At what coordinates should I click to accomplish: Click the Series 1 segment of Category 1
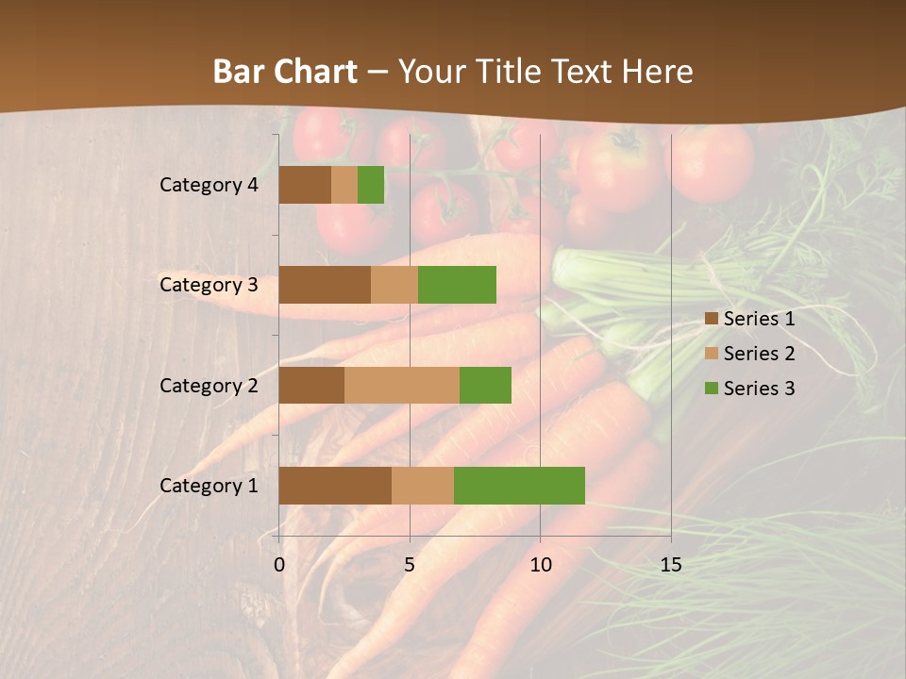pyautogui.click(x=335, y=485)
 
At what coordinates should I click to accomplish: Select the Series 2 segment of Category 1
pyautogui.click(x=423, y=485)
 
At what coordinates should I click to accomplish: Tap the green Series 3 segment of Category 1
pyautogui.click(x=519, y=485)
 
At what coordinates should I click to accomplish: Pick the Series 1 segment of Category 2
pyautogui.click(x=311, y=385)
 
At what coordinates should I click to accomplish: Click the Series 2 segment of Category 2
pyautogui.click(x=402, y=385)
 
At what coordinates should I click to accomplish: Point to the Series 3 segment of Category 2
pyautogui.click(x=485, y=385)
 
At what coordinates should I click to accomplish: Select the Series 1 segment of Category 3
pyautogui.click(x=325, y=285)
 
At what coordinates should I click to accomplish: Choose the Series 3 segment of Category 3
pyautogui.click(x=457, y=285)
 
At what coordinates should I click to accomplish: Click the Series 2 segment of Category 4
pyautogui.click(x=344, y=185)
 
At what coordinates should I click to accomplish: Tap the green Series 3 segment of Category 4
pyautogui.click(x=371, y=185)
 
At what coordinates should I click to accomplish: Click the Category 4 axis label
pyautogui.click(x=209, y=185)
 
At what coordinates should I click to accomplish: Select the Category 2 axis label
pyautogui.click(x=209, y=385)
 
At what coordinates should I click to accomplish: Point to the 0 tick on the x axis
pyautogui.click(x=279, y=565)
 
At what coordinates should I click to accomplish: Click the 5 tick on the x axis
pyautogui.click(x=410, y=565)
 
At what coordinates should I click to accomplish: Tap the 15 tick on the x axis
pyautogui.click(x=671, y=565)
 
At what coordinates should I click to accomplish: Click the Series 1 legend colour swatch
pyautogui.click(x=712, y=319)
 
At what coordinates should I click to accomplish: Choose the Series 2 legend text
pyautogui.click(x=759, y=354)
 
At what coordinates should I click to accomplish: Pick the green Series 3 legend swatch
pyautogui.click(x=712, y=389)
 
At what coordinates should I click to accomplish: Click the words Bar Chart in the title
pyautogui.click(x=285, y=72)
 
